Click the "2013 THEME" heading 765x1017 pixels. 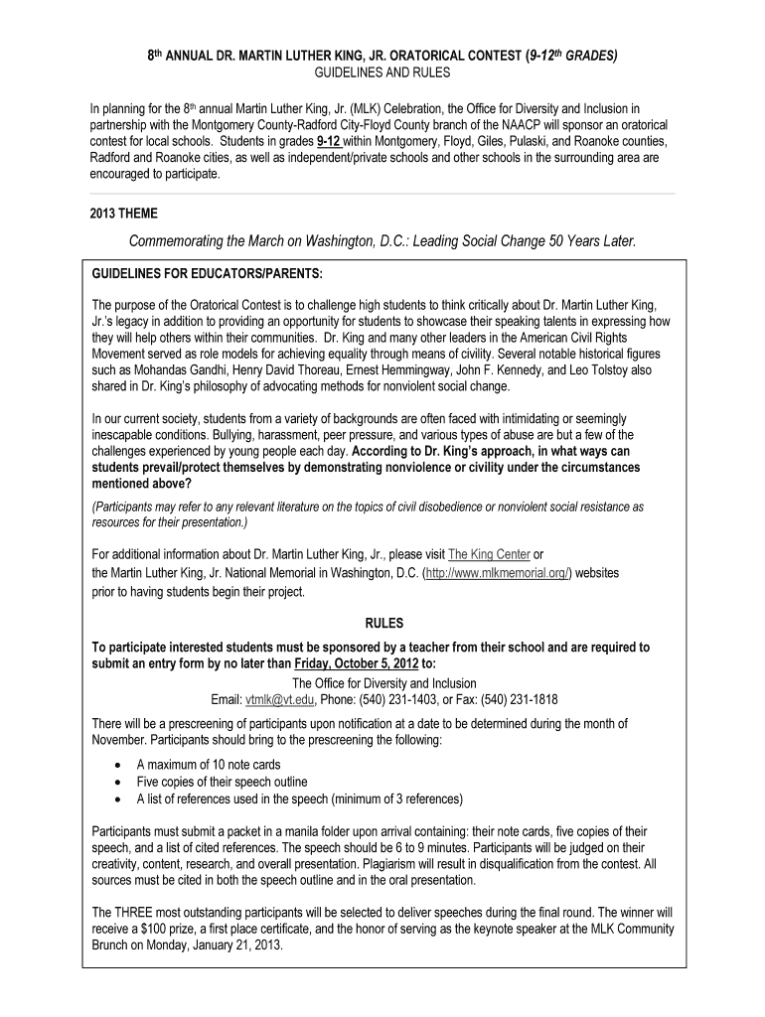(123, 213)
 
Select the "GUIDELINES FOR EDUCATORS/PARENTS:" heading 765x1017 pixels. (208, 272)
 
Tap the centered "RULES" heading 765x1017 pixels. (383, 624)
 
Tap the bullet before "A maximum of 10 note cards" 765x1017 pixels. (118, 765)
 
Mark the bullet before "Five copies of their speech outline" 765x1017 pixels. (118, 782)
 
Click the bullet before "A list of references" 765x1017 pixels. (118, 799)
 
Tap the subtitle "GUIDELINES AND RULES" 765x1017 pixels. (382, 73)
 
